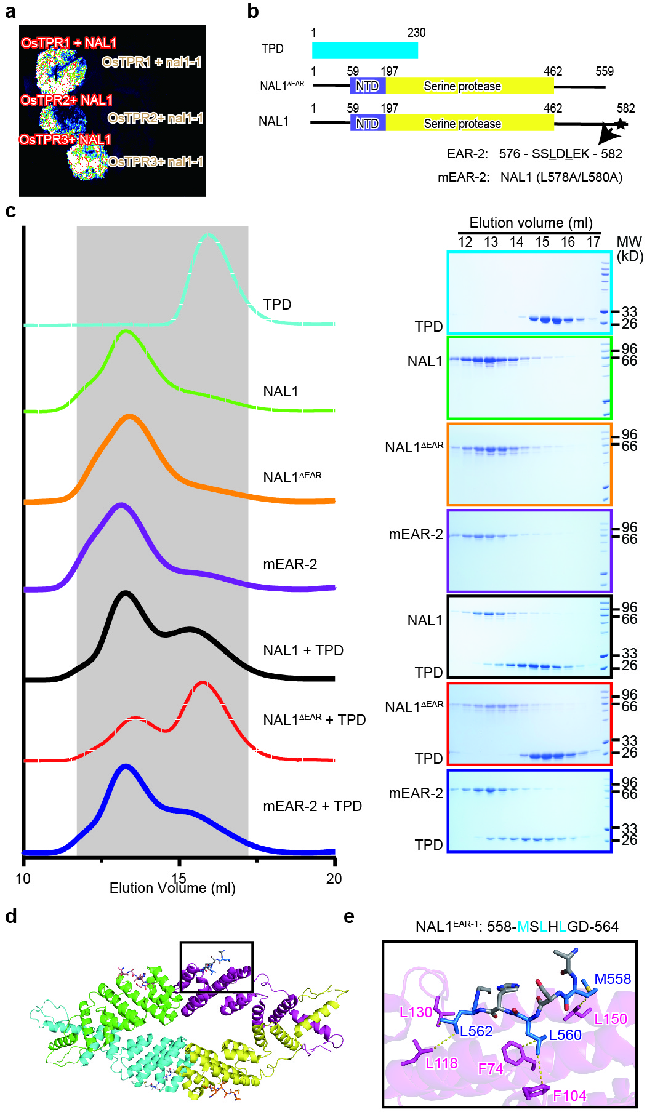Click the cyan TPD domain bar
tap(364, 50)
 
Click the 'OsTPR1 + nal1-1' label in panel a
tap(151, 62)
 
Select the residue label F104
tap(569, 1095)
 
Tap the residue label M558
tap(613, 978)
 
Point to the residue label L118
tap(441, 1063)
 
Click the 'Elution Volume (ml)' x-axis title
tap(172, 888)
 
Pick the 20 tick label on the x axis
tap(334, 879)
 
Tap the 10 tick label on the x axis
tap(23, 879)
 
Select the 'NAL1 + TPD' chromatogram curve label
tap(303, 650)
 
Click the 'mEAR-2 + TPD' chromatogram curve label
tap(312, 806)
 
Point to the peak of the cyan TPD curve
tap(209, 235)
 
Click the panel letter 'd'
tap(11, 917)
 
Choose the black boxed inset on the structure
tap(216, 967)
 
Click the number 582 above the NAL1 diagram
tap(625, 109)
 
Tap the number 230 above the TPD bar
tap(416, 33)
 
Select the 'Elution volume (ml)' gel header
tap(531, 223)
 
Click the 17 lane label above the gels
tap(593, 242)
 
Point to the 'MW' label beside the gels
tap(629, 242)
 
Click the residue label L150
tap(610, 1018)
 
